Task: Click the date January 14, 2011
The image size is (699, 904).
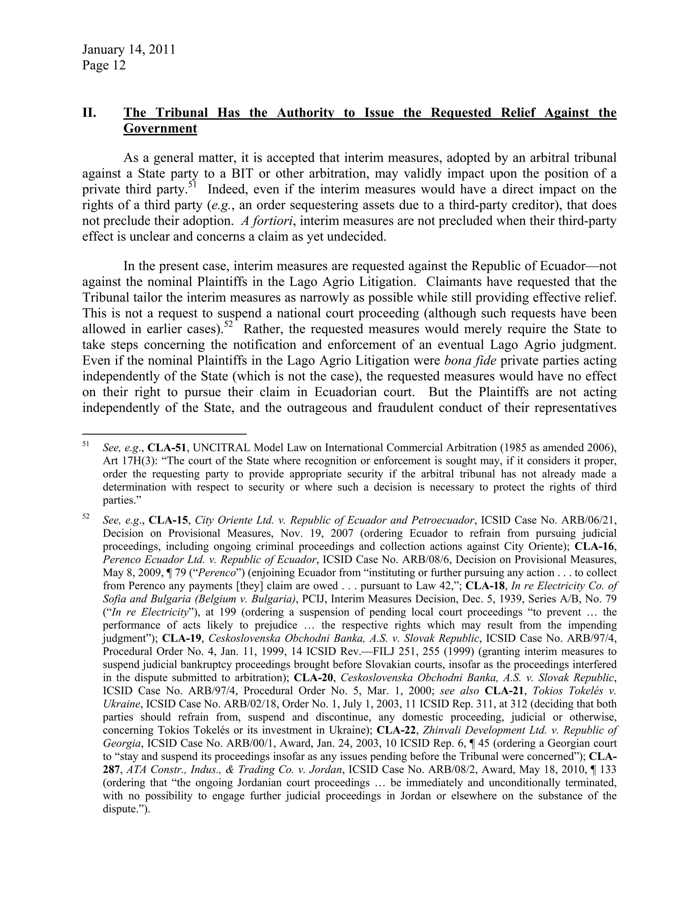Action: tap(128, 50)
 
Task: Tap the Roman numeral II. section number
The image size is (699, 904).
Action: tap(89, 113)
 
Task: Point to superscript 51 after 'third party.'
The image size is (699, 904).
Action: tap(192, 185)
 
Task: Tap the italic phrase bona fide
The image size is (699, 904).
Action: tap(470, 361)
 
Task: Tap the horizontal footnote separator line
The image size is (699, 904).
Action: tap(165, 434)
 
